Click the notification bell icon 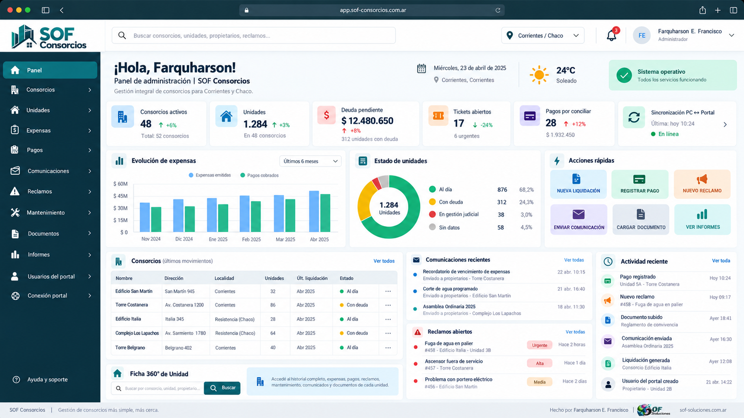coord(611,35)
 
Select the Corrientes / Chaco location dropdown coord(543,35)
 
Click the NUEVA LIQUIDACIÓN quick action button coord(578,184)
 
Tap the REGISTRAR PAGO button coord(640,184)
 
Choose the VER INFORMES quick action coord(703,219)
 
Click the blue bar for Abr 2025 coord(314,211)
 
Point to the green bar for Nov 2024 coord(156,219)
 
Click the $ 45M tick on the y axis coord(120,196)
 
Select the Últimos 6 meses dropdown coord(310,161)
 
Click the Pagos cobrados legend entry coord(259,175)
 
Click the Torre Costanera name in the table coord(132,305)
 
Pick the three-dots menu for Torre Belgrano coord(388,348)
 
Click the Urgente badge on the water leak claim coord(539,346)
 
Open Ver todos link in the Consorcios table coord(384,261)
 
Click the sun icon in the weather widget coord(539,75)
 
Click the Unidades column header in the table coord(274,278)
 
